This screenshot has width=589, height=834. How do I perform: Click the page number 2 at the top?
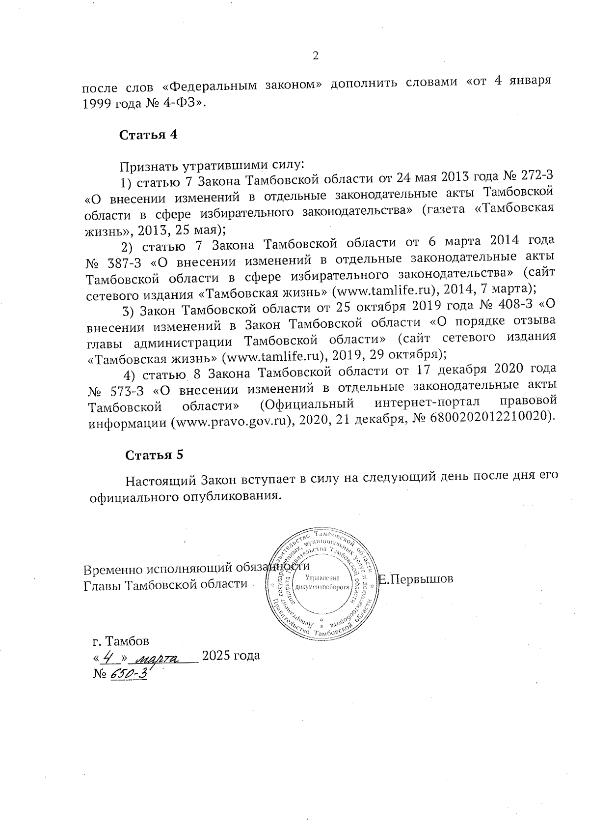(x=316, y=56)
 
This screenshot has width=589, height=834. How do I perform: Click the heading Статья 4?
(x=148, y=135)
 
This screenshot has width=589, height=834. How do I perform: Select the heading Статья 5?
(x=155, y=455)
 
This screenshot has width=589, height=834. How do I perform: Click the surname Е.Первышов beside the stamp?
(x=416, y=579)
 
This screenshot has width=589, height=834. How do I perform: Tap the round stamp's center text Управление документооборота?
(x=322, y=582)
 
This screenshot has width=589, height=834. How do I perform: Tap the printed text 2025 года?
(x=231, y=656)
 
